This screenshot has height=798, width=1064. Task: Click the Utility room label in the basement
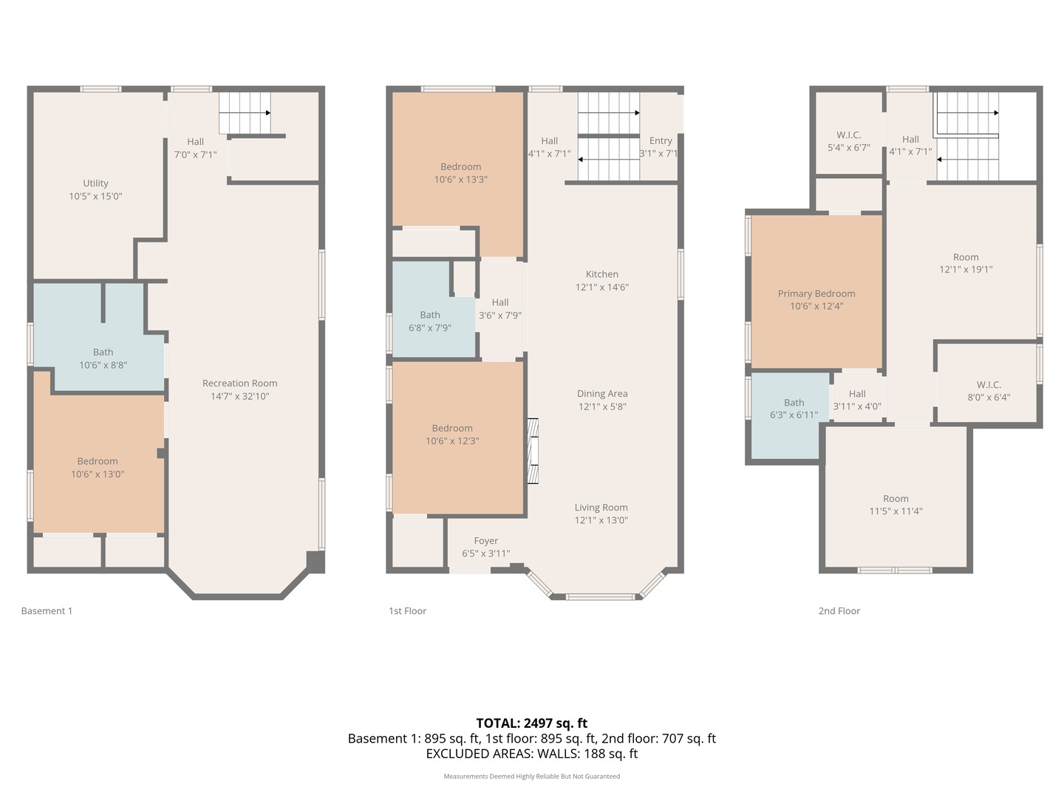coord(95,183)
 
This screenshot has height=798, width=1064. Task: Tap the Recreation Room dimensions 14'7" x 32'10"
coord(239,396)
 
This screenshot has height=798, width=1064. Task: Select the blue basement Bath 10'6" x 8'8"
coord(103,358)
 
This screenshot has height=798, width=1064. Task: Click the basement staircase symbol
coord(245,112)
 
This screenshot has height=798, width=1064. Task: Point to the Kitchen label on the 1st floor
coord(601,274)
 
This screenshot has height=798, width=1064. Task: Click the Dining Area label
coord(601,394)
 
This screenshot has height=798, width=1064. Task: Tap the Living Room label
coord(601,508)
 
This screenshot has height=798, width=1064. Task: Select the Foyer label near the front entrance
coord(485,541)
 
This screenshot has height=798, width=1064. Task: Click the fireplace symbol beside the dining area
coord(532,451)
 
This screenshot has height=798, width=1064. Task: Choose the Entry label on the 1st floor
coord(660,140)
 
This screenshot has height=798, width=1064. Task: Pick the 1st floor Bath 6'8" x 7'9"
coord(430,321)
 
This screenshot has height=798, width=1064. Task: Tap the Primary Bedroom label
coord(816,293)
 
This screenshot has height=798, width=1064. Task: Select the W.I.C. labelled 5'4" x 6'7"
coord(848,141)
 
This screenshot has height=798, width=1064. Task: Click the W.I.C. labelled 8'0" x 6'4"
coord(989,390)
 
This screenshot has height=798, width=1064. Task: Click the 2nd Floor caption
coord(839,611)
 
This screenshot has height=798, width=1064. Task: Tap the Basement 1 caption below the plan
coord(47,611)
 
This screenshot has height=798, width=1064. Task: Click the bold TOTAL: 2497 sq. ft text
coord(531,723)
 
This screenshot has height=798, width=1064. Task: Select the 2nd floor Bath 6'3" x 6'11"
coord(794,409)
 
